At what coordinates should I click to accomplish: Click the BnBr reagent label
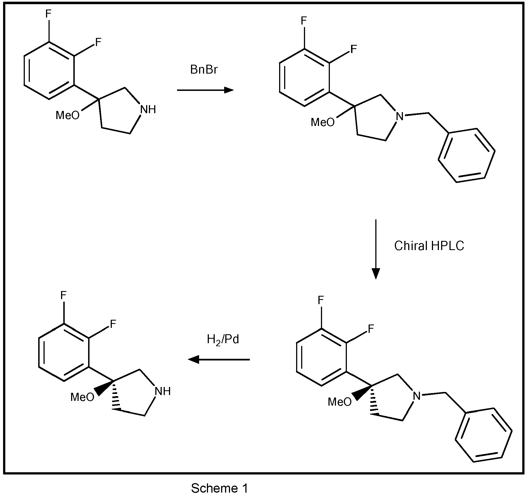(x=204, y=70)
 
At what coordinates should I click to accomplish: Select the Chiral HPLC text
(x=429, y=246)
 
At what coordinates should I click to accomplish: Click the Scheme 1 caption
(x=219, y=488)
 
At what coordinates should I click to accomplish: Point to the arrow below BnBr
(x=205, y=90)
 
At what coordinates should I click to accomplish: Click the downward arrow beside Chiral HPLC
(x=376, y=249)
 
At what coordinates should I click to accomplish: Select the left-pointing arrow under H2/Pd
(x=219, y=360)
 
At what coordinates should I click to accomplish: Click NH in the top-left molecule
(x=148, y=110)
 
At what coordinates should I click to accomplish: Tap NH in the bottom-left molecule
(x=163, y=391)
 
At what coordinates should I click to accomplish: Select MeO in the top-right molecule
(x=323, y=122)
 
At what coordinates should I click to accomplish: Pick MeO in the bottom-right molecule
(x=340, y=402)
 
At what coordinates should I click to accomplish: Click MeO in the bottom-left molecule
(x=83, y=397)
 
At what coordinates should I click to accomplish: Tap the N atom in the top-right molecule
(x=400, y=116)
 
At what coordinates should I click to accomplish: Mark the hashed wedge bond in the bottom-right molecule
(x=374, y=400)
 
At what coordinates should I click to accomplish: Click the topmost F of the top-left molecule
(x=48, y=14)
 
